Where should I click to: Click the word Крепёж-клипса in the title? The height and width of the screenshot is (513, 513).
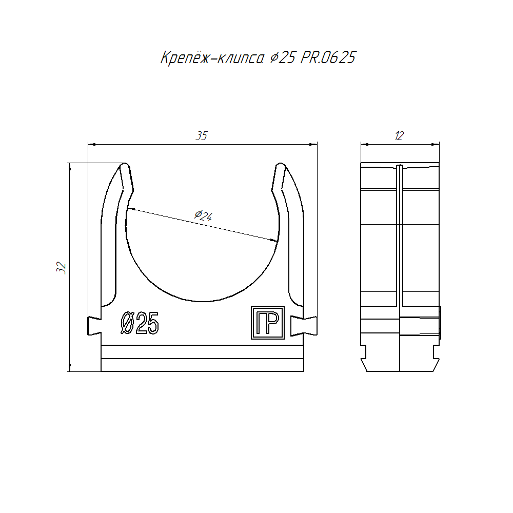point(212,57)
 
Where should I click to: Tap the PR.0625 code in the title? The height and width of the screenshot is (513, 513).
point(328,57)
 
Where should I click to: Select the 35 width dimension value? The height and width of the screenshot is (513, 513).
point(202,136)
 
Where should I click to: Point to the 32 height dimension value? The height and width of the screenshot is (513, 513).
point(61,268)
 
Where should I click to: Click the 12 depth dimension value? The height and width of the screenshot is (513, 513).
point(400,136)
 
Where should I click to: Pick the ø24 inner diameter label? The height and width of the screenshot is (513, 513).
point(204,215)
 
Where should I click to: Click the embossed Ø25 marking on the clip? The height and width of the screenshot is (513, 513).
point(140,323)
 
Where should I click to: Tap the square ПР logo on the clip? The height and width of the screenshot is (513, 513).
point(268,323)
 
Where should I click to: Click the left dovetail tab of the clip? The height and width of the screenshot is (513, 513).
point(94,326)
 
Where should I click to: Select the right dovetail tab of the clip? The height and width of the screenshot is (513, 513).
point(304,326)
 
